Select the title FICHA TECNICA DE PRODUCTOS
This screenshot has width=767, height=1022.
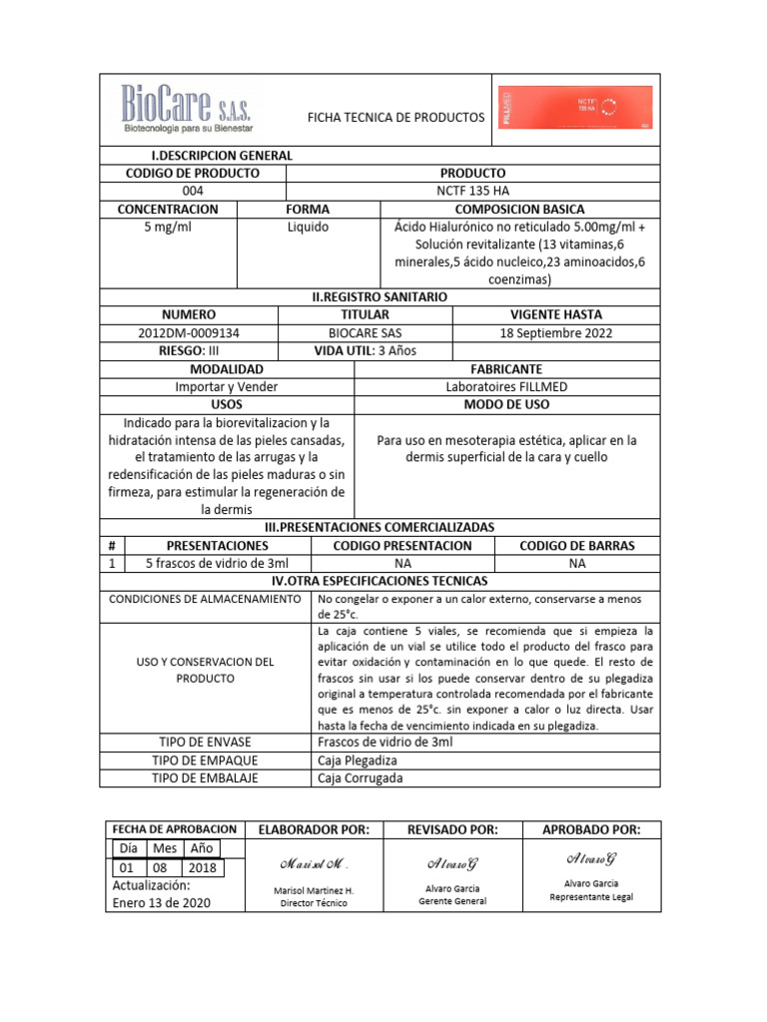point(396,118)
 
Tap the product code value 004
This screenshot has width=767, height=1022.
point(193,191)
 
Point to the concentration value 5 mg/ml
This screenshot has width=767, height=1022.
point(168,228)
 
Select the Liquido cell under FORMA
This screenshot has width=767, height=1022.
point(308,228)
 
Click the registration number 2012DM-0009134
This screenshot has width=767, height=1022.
point(193,333)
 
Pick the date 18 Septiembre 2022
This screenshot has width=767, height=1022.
point(555,333)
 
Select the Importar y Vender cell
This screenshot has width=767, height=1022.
point(227,387)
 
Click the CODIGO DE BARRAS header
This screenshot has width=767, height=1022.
point(577,546)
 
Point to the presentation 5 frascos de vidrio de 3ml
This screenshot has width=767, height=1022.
point(218,564)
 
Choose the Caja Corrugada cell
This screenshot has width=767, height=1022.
point(362,778)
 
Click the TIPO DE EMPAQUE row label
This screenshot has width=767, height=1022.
point(206,761)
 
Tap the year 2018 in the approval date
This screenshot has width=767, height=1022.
point(202,867)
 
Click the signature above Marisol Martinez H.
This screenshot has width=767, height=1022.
point(314,863)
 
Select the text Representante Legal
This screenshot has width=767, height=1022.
point(591,896)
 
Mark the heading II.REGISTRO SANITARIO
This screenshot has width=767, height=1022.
point(381,297)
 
